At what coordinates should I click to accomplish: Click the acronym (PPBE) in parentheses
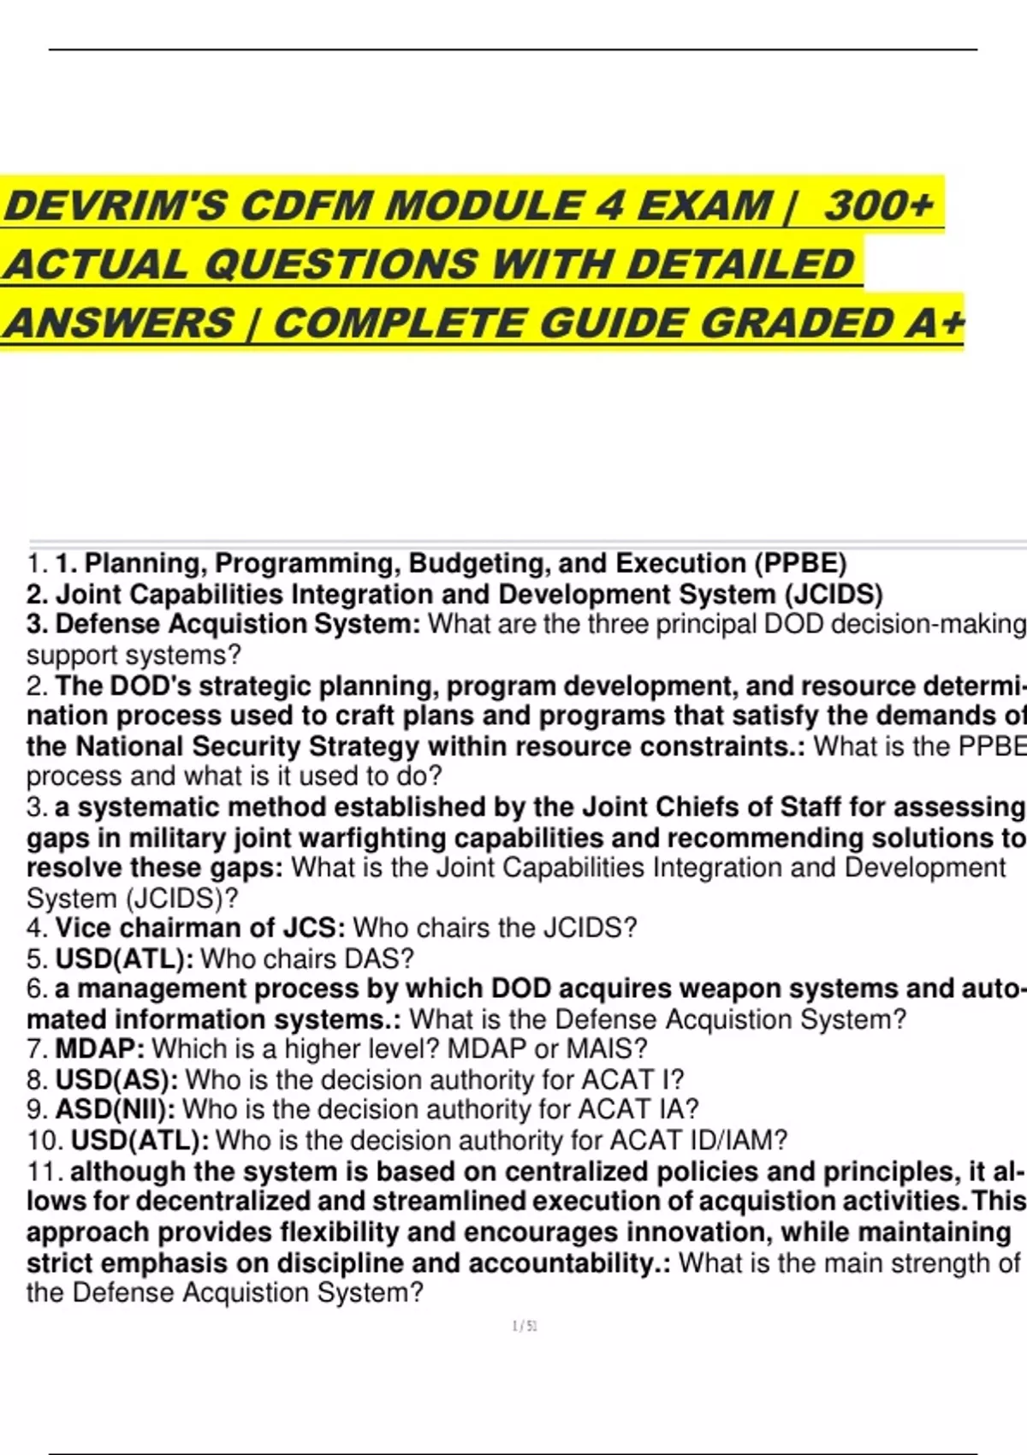tap(799, 563)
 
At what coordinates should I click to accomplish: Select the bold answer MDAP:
tap(99, 1048)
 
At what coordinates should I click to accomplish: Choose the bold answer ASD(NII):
tap(116, 1109)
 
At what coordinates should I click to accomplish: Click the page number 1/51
tap(524, 1327)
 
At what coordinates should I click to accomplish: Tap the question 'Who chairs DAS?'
tap(307, 959)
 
